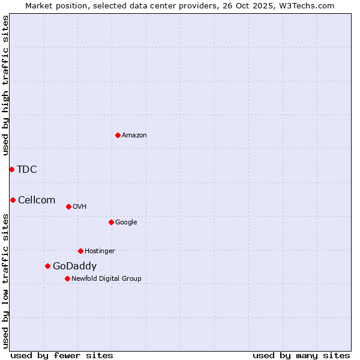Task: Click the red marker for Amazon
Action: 118,135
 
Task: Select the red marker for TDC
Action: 11,169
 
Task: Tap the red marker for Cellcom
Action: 13,200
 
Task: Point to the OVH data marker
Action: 68,206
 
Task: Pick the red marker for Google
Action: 111,222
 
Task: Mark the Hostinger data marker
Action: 80,251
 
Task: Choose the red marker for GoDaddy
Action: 47,266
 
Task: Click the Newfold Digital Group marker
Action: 67,278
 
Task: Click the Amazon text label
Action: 134,136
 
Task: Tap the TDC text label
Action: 27,170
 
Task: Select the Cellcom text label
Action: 37,200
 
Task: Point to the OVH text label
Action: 80,207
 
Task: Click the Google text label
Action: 126,223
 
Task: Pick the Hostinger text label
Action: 100,251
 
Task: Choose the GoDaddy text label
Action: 74,266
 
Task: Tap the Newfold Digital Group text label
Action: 106,279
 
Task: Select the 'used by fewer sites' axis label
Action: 62,355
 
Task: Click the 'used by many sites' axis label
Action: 301,355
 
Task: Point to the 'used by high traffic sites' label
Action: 6,85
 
